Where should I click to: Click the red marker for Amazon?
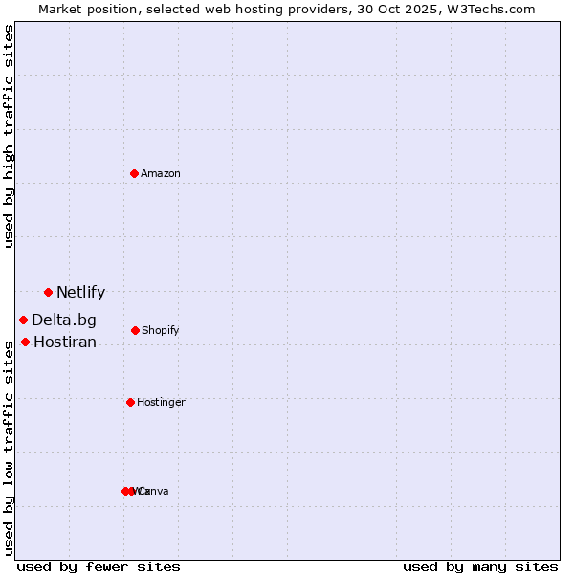click(x=135, y=173)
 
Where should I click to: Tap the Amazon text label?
click(x=161, y=173)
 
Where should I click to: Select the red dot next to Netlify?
click(x=48, y=292)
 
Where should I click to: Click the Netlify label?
click(x=80, y=293)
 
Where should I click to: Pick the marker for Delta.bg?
click(x=23, y=320)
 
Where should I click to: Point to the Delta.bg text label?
click(x=64, y=320)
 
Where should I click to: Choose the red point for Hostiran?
click(x=25, y=342)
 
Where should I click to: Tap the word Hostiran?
click(x=65, y=342)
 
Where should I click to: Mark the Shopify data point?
click(x=135, y=330)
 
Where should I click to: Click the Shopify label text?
click(x=161, y=331)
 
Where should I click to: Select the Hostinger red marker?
click(x=130, y=402)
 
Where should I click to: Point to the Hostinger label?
click(x=161, y=403)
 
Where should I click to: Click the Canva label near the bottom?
click(x=154, y=492)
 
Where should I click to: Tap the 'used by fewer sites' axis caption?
click(x=99, y=566)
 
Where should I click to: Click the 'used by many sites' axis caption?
click(x=480, y=566)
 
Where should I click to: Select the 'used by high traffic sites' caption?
click(x=10, y=136)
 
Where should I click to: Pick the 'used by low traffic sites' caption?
click(x=10, y=448)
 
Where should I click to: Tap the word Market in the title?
click(x=60, y=9)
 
